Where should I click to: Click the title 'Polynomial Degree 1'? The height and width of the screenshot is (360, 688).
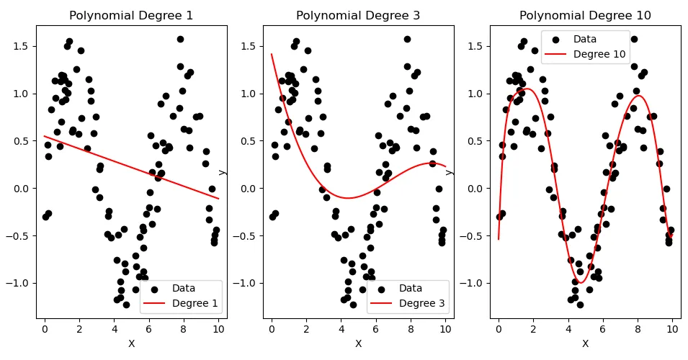pyautogui.click(x=131, y=15)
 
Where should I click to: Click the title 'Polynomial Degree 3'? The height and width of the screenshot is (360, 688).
pyautogui.click(x=358, y=15)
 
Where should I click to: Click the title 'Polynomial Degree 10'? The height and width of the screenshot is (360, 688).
pyautogui.click(x=585, y=15)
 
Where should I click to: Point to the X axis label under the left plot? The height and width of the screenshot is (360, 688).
pyautogui.click(x=131, y=344)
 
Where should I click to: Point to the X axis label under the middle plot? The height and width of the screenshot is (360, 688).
pyautogui.click(x=358, y=344)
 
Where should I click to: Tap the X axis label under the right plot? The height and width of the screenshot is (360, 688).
pyautogui.click(x=585, y=344)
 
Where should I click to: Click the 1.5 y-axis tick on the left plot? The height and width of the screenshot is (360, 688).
pyautogui.click(x=21, y=46)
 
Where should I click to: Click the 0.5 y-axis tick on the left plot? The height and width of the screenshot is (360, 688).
pyautogui.click(x=21, y=141)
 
